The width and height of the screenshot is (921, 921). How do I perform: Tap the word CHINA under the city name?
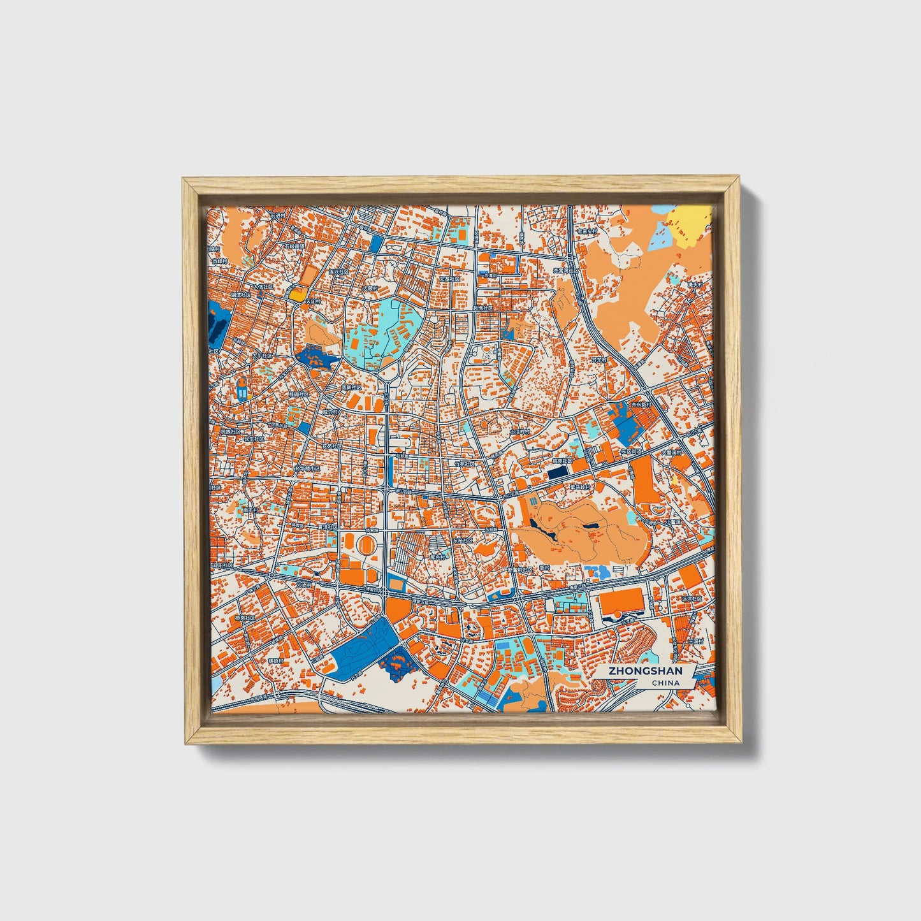pos(665,683)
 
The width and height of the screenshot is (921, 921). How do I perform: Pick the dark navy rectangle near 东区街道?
pos(557,472)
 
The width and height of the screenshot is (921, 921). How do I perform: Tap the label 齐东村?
pos(599,359)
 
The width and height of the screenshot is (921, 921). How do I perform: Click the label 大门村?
pos(314,300)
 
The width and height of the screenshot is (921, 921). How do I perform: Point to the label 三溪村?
pos(695,641)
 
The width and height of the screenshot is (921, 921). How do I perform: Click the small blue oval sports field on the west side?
pos(242,388)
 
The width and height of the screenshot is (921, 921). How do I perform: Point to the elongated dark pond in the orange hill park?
pos(542,530)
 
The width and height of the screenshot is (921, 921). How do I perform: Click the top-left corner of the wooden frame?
pos(185,180)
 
